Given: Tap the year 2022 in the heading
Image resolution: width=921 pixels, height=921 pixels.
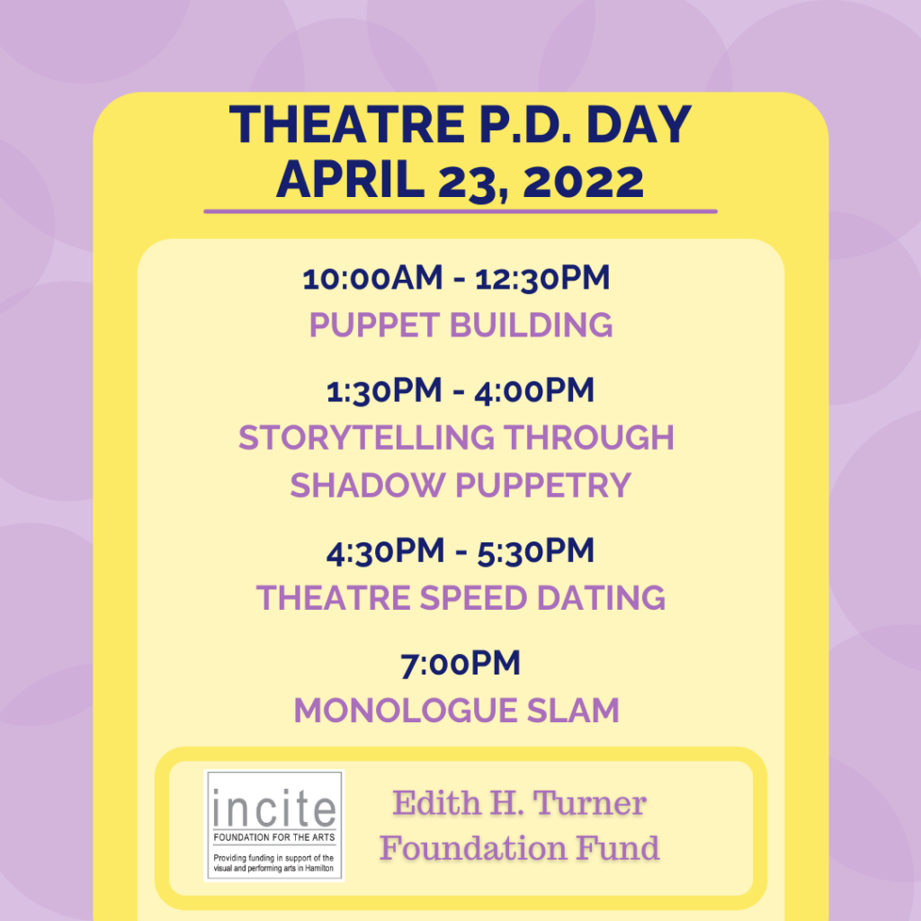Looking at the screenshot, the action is coord(583,182).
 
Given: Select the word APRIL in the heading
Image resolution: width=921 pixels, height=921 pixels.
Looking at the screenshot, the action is coord(350,180).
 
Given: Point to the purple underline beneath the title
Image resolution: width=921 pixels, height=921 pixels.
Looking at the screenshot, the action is coord(460,211).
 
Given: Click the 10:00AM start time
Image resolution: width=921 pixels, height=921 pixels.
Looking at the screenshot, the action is coord(372,278).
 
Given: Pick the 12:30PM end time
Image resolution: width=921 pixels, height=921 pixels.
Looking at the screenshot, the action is coord(542,278).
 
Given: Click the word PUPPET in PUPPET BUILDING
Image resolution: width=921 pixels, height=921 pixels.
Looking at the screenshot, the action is coord(374,325).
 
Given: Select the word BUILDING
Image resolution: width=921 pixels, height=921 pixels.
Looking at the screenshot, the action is coord(531,325).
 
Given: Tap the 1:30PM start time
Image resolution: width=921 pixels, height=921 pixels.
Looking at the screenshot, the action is coord(383,390).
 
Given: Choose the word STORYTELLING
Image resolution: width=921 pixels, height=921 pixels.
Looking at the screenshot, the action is coord(366,438).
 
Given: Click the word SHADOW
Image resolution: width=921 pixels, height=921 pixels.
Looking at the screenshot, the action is coord(367,485).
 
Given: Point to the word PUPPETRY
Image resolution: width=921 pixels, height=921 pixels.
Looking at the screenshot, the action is coord(542,485).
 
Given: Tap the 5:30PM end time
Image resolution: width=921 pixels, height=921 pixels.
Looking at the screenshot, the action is coord(536,551).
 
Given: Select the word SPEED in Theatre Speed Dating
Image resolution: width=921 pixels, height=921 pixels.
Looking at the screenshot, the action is coord(473,598).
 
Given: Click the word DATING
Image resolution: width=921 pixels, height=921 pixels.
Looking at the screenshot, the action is coord(601,598).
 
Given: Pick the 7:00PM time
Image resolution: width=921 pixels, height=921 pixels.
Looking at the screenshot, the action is coord(460,664).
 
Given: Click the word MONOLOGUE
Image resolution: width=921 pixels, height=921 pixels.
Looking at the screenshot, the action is coord(406,711).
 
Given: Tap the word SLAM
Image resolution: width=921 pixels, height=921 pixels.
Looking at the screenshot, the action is coord(573,711).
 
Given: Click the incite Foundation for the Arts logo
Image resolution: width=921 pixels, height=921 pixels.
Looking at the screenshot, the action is coord(273,826).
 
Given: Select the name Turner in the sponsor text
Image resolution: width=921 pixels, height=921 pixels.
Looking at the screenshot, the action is coord(589,803).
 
